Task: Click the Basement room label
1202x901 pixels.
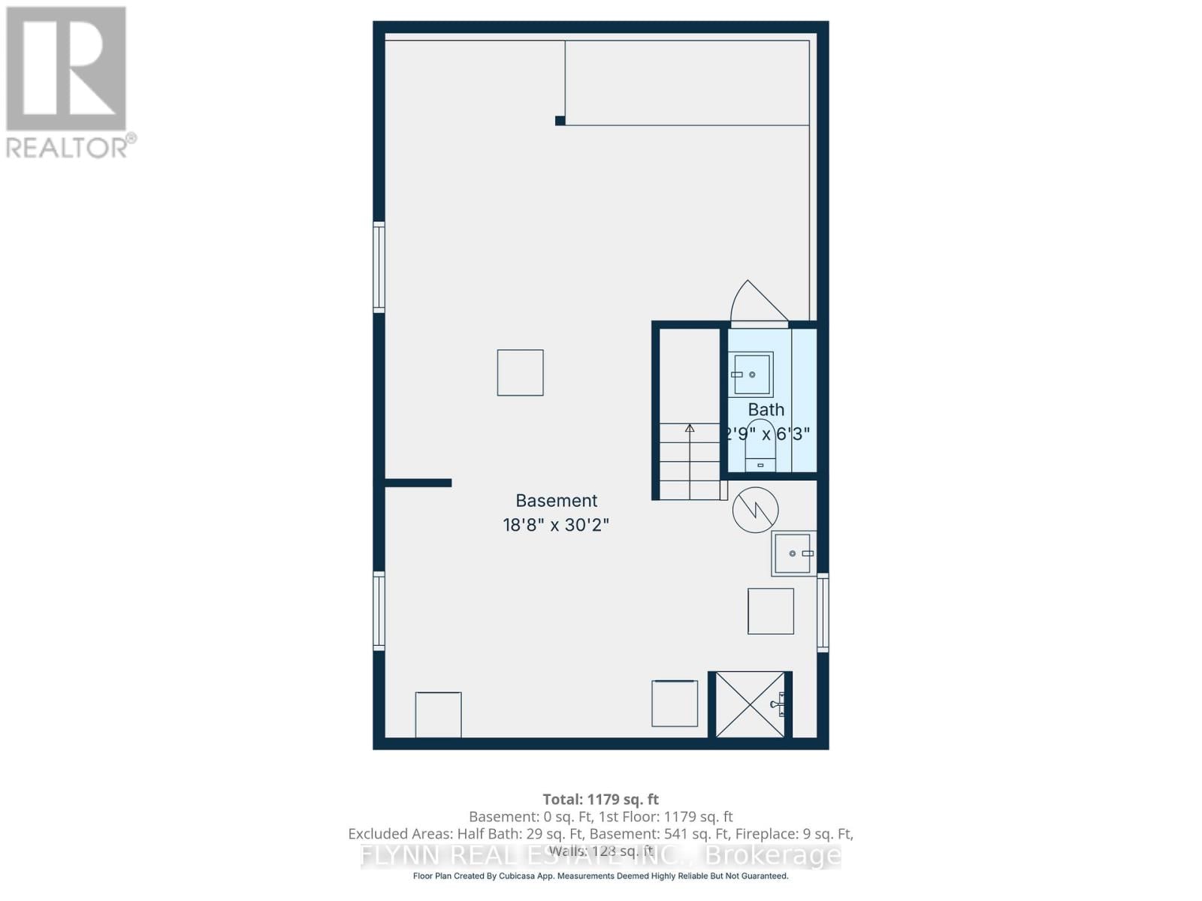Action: pos(556,501)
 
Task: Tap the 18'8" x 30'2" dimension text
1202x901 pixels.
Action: pos(556,525)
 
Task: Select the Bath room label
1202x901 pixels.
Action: pos(766,410)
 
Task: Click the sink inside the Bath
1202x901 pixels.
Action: pos(751,374)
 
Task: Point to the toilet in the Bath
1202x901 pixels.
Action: pos(760,448)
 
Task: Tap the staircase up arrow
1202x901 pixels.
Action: pos(690,429)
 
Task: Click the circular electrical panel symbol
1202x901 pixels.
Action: pos(755,510)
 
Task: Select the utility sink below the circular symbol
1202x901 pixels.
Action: pos(793,553)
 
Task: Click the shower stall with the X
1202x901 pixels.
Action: pos(750,704)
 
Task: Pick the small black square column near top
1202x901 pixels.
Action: pos(560,120)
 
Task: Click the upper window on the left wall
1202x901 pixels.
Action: pos(379,267)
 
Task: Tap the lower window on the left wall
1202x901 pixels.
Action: pos(379,610)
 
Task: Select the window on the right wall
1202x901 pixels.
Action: pos(823,612)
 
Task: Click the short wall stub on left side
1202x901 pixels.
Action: pos(418,483)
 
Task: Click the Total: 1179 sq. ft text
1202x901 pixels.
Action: pos(600,800)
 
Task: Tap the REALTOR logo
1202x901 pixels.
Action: pos(68,83)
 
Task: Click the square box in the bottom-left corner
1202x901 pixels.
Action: pos(438,714)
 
